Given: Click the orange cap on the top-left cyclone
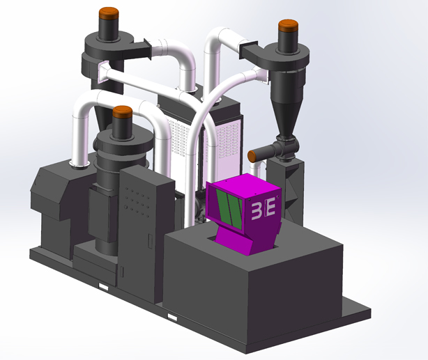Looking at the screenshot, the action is point(109,13).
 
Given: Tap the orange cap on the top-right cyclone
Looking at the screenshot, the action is point(288,26).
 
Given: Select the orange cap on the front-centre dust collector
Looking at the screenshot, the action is point(123,112).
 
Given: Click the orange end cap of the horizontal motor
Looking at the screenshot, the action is point(252,157).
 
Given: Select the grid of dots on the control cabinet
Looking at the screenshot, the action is point(137,201).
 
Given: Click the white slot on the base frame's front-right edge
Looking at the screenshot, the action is point(172,318).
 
